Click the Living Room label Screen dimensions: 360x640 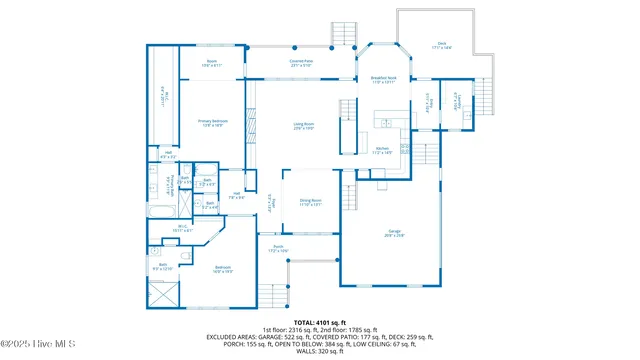[304, 127]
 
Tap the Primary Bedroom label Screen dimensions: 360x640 [213, 122]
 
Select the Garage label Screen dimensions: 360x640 [394, 233]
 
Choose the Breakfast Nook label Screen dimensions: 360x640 [384, 80]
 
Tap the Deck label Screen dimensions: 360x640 [441, 45]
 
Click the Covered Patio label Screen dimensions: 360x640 [301, 63]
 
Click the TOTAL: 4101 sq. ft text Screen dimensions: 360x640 [319, 322]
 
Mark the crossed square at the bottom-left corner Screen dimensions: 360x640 [163, 295]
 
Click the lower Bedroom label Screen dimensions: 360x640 [223, 268]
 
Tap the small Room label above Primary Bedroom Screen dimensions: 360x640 [212, 63]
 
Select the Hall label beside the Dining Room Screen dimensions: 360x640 [237, 195]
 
